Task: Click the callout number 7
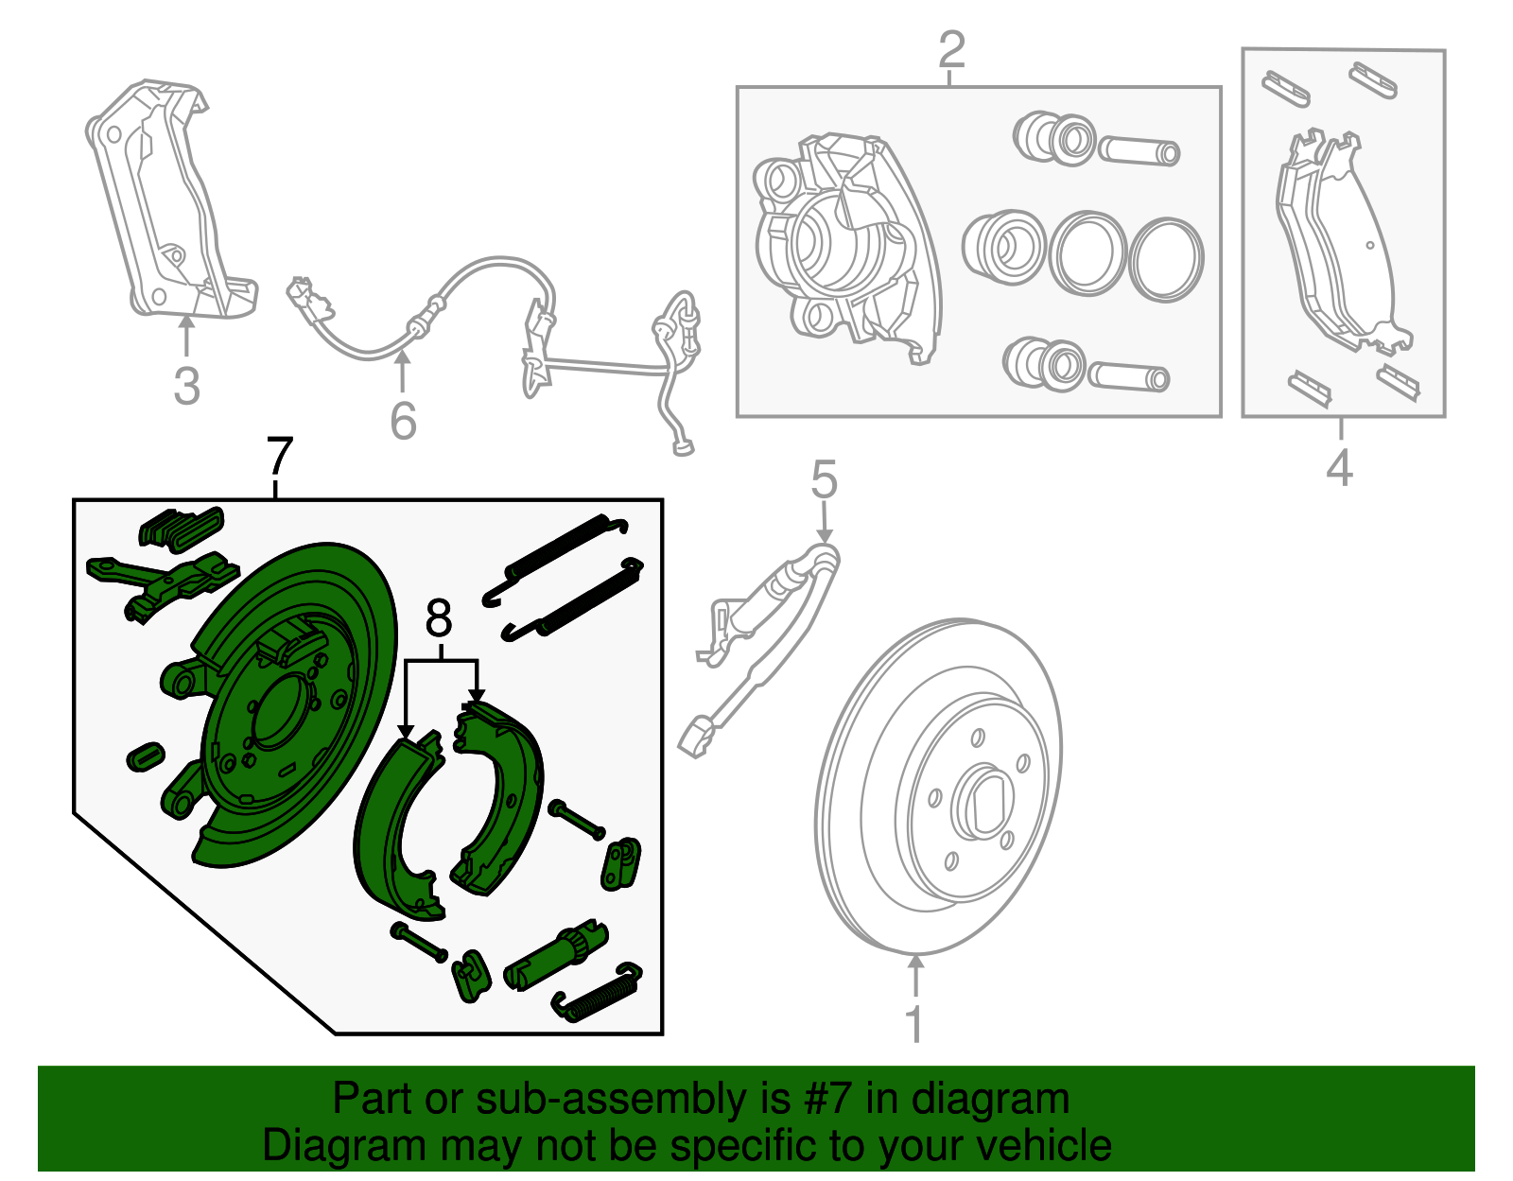coord(280,457)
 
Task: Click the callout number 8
coord(439,619)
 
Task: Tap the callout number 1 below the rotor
coord(914,1024)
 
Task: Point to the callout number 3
coord(187,386)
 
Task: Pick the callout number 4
coord(1339,467)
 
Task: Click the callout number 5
coord(824,479)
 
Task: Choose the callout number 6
coord(403,421)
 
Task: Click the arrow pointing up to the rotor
coord(915,974)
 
